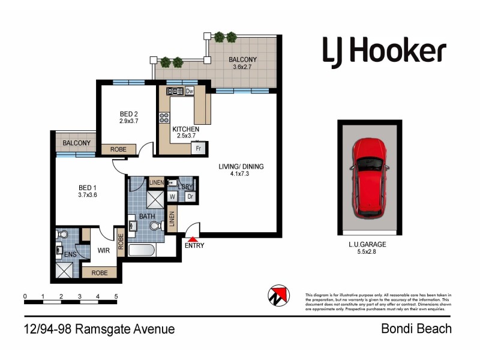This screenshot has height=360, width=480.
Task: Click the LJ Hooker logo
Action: pyautogui.click(x=384, y=51)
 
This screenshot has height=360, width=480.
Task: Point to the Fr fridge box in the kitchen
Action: pyautogui.click(x=197, y=148)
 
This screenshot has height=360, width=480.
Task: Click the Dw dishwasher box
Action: pyautogui.click(x=190, y=91)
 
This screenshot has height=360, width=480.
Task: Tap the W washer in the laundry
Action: pyautogui.click(x=172, y=196)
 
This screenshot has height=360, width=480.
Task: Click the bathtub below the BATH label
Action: pyautogui.click(x=142, y=251)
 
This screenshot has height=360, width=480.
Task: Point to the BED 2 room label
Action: pyautogui.click(x=129, y=114)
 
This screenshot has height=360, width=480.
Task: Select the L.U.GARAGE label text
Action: pyautogui.click(x=367, y=244)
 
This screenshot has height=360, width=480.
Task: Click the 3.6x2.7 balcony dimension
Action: pyautogui.click(x=242, y=68)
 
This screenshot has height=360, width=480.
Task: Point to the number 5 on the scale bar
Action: pyautogui.click(x=115, y=296)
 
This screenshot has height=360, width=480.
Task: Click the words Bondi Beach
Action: pyautogui.click(x=416, y=329)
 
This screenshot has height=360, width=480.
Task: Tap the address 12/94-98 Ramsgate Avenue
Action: pyautogui.click(x=100, y=329)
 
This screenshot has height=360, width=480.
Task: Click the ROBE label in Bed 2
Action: pyautogui.click(x=118, y=149)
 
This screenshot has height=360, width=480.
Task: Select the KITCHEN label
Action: pyautogui.click(x=185, y=129)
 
